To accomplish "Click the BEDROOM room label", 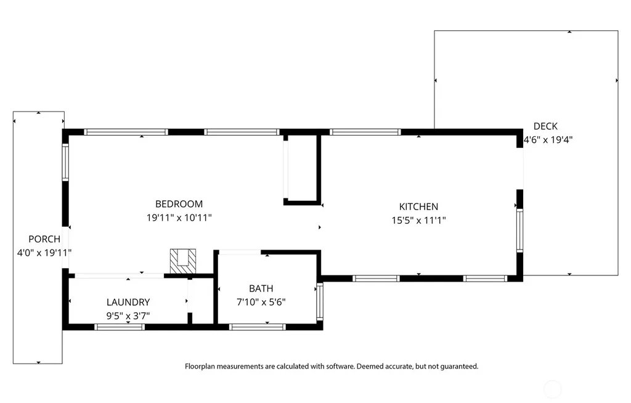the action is (x=179, y=204).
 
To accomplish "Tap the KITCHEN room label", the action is (x=418, y=206).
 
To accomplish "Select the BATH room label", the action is (x=261, y=288).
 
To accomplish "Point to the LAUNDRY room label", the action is (x=128, y=302).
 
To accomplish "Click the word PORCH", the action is (x=44, y=238).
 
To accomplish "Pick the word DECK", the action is (x=545, y=126).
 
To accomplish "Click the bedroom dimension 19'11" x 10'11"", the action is (x=179, y=218).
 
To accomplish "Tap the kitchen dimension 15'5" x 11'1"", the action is (x=418, y=220).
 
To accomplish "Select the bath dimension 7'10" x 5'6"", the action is (x=261, y=302).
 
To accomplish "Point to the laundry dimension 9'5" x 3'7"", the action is (x=128, y=315).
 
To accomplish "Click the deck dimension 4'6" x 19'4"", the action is (x=548, y=140).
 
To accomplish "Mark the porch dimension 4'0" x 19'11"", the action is (x=44, y=253).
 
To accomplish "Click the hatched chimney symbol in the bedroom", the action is (x=183, y=261).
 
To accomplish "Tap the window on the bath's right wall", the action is (x=320, y=301).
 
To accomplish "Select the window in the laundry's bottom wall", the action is (x=120, y=327).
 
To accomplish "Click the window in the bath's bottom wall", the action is (x=258, y=327).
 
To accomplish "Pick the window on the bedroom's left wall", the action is (x=65, y=162).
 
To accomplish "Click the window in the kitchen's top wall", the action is (x=365, y=132).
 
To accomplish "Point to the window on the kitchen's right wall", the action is (x=519, y=230).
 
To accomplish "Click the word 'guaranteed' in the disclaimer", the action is (x=459, y=367).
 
